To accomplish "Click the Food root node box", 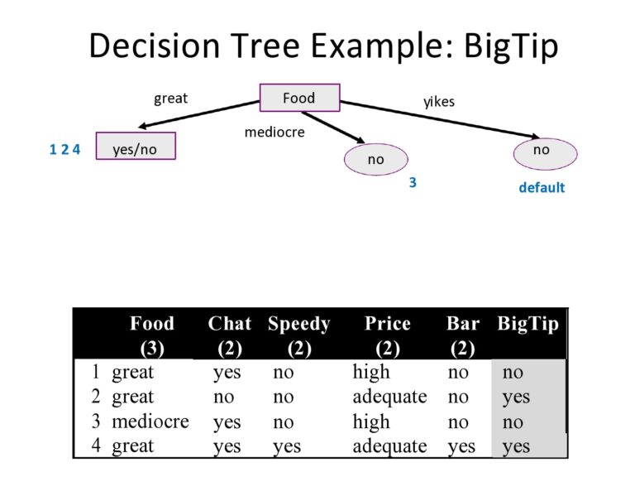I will tap(298, 98).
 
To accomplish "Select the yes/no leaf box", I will tap(136, 146).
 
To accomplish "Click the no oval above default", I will tap(542, 151).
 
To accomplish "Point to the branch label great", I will tap(170, 99).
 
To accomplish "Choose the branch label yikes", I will tap(439, 102).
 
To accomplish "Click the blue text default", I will tap(542, 188).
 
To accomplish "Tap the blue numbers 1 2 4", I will tap(64, 150).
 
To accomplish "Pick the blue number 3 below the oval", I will tap(413, 183).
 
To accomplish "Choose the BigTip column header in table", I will tap(528, 324).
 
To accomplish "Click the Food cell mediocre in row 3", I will tap(150, 422).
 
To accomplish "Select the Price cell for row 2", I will tap(389, 397).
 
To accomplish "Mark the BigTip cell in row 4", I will tap(516, 446).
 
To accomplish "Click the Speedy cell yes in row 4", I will tap(287, 446).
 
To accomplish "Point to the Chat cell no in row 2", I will tap(223, 397).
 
